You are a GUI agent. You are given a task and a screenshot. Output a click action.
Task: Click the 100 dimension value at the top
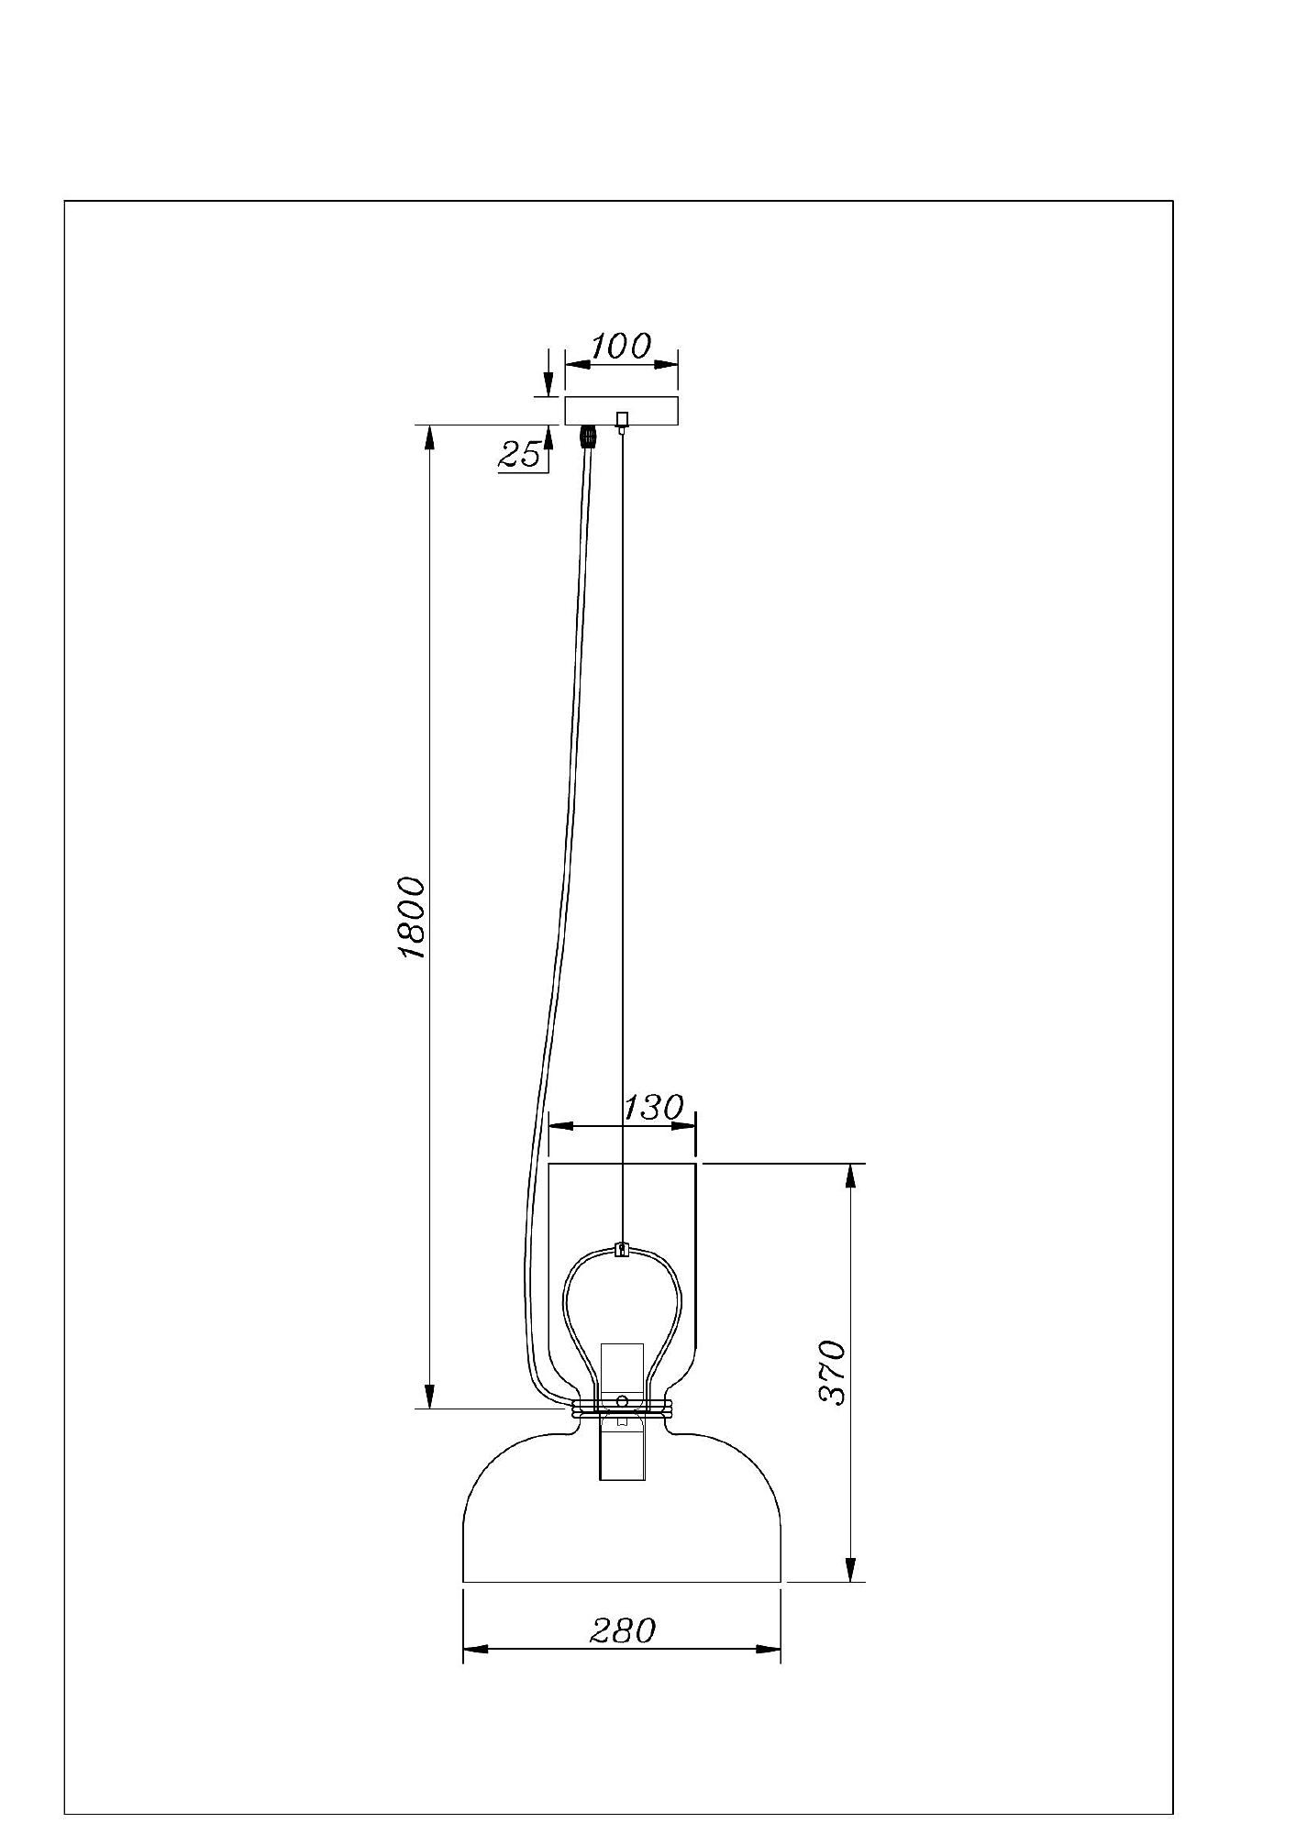point(620,347)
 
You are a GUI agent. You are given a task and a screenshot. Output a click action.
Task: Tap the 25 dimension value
point(520,454)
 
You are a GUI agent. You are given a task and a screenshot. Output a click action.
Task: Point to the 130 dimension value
point(654,1108)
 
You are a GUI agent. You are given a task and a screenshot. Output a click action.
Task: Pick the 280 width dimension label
point(623,1630)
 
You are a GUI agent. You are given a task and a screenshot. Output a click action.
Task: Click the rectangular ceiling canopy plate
point(622,411)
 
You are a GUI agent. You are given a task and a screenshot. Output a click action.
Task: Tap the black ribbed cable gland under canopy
point(587,436)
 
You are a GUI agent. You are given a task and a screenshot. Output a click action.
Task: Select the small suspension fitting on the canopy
point(623,422)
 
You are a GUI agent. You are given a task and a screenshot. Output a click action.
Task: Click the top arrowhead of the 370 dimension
point(852,1177)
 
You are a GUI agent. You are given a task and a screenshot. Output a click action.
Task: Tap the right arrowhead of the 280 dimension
point(768,1649)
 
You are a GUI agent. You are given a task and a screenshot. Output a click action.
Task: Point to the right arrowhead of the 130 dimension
point(683,1125)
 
